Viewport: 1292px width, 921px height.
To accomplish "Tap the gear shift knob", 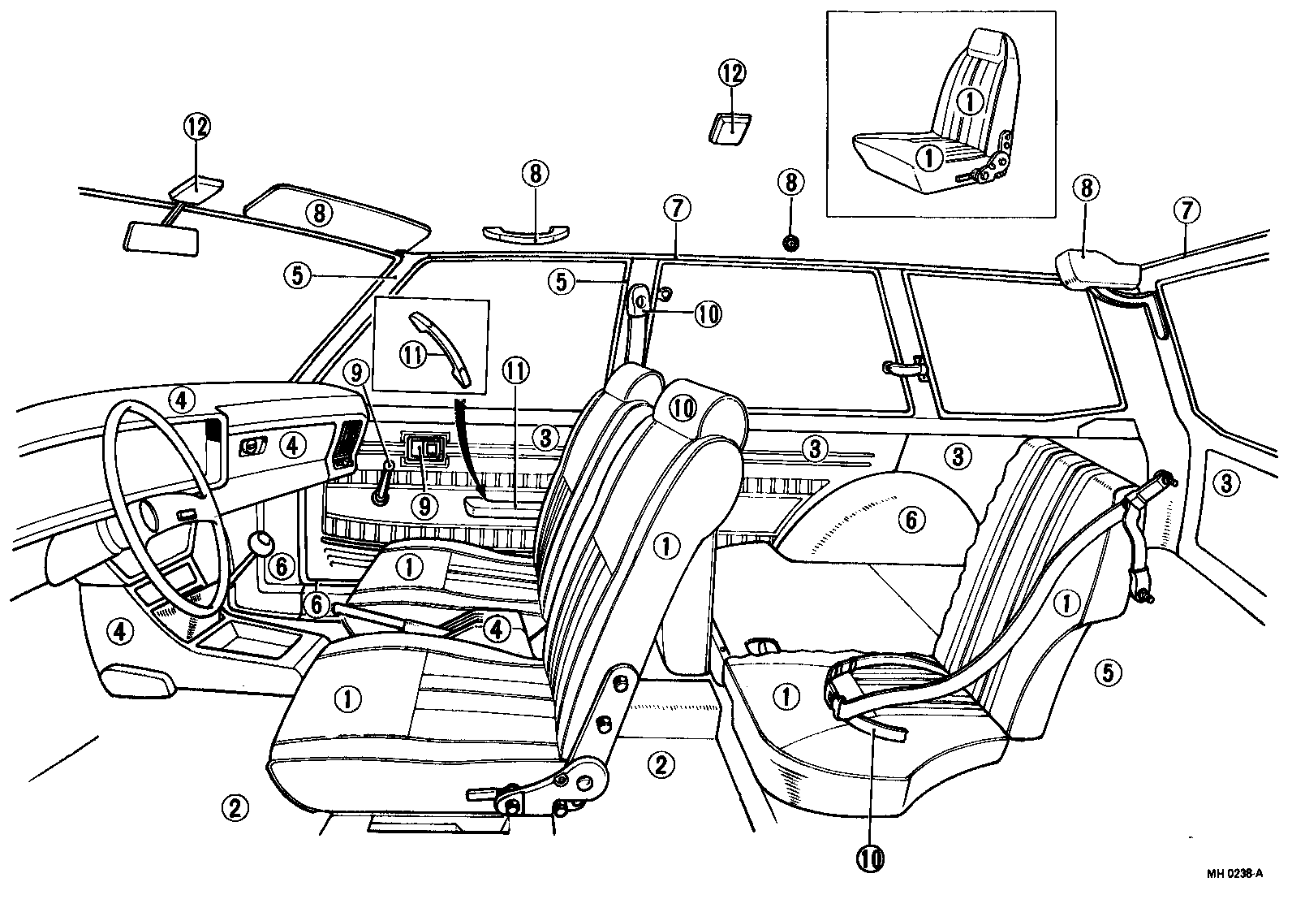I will (x=261, y=543).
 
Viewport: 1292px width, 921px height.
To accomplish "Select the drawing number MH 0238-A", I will (x=1234, y=874).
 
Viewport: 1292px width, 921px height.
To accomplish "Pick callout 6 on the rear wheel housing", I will (x=911, y=519).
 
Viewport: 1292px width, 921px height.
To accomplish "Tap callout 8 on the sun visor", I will (x=319, y=213).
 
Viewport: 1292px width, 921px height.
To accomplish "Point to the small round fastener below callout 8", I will (x=790, y=241).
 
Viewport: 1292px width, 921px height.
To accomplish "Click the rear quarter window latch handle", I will (x=903, y=369).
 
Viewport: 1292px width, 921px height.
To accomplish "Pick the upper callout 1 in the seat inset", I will (x=969, y=101).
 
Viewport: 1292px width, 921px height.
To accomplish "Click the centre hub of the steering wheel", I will (x=153, y=516).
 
